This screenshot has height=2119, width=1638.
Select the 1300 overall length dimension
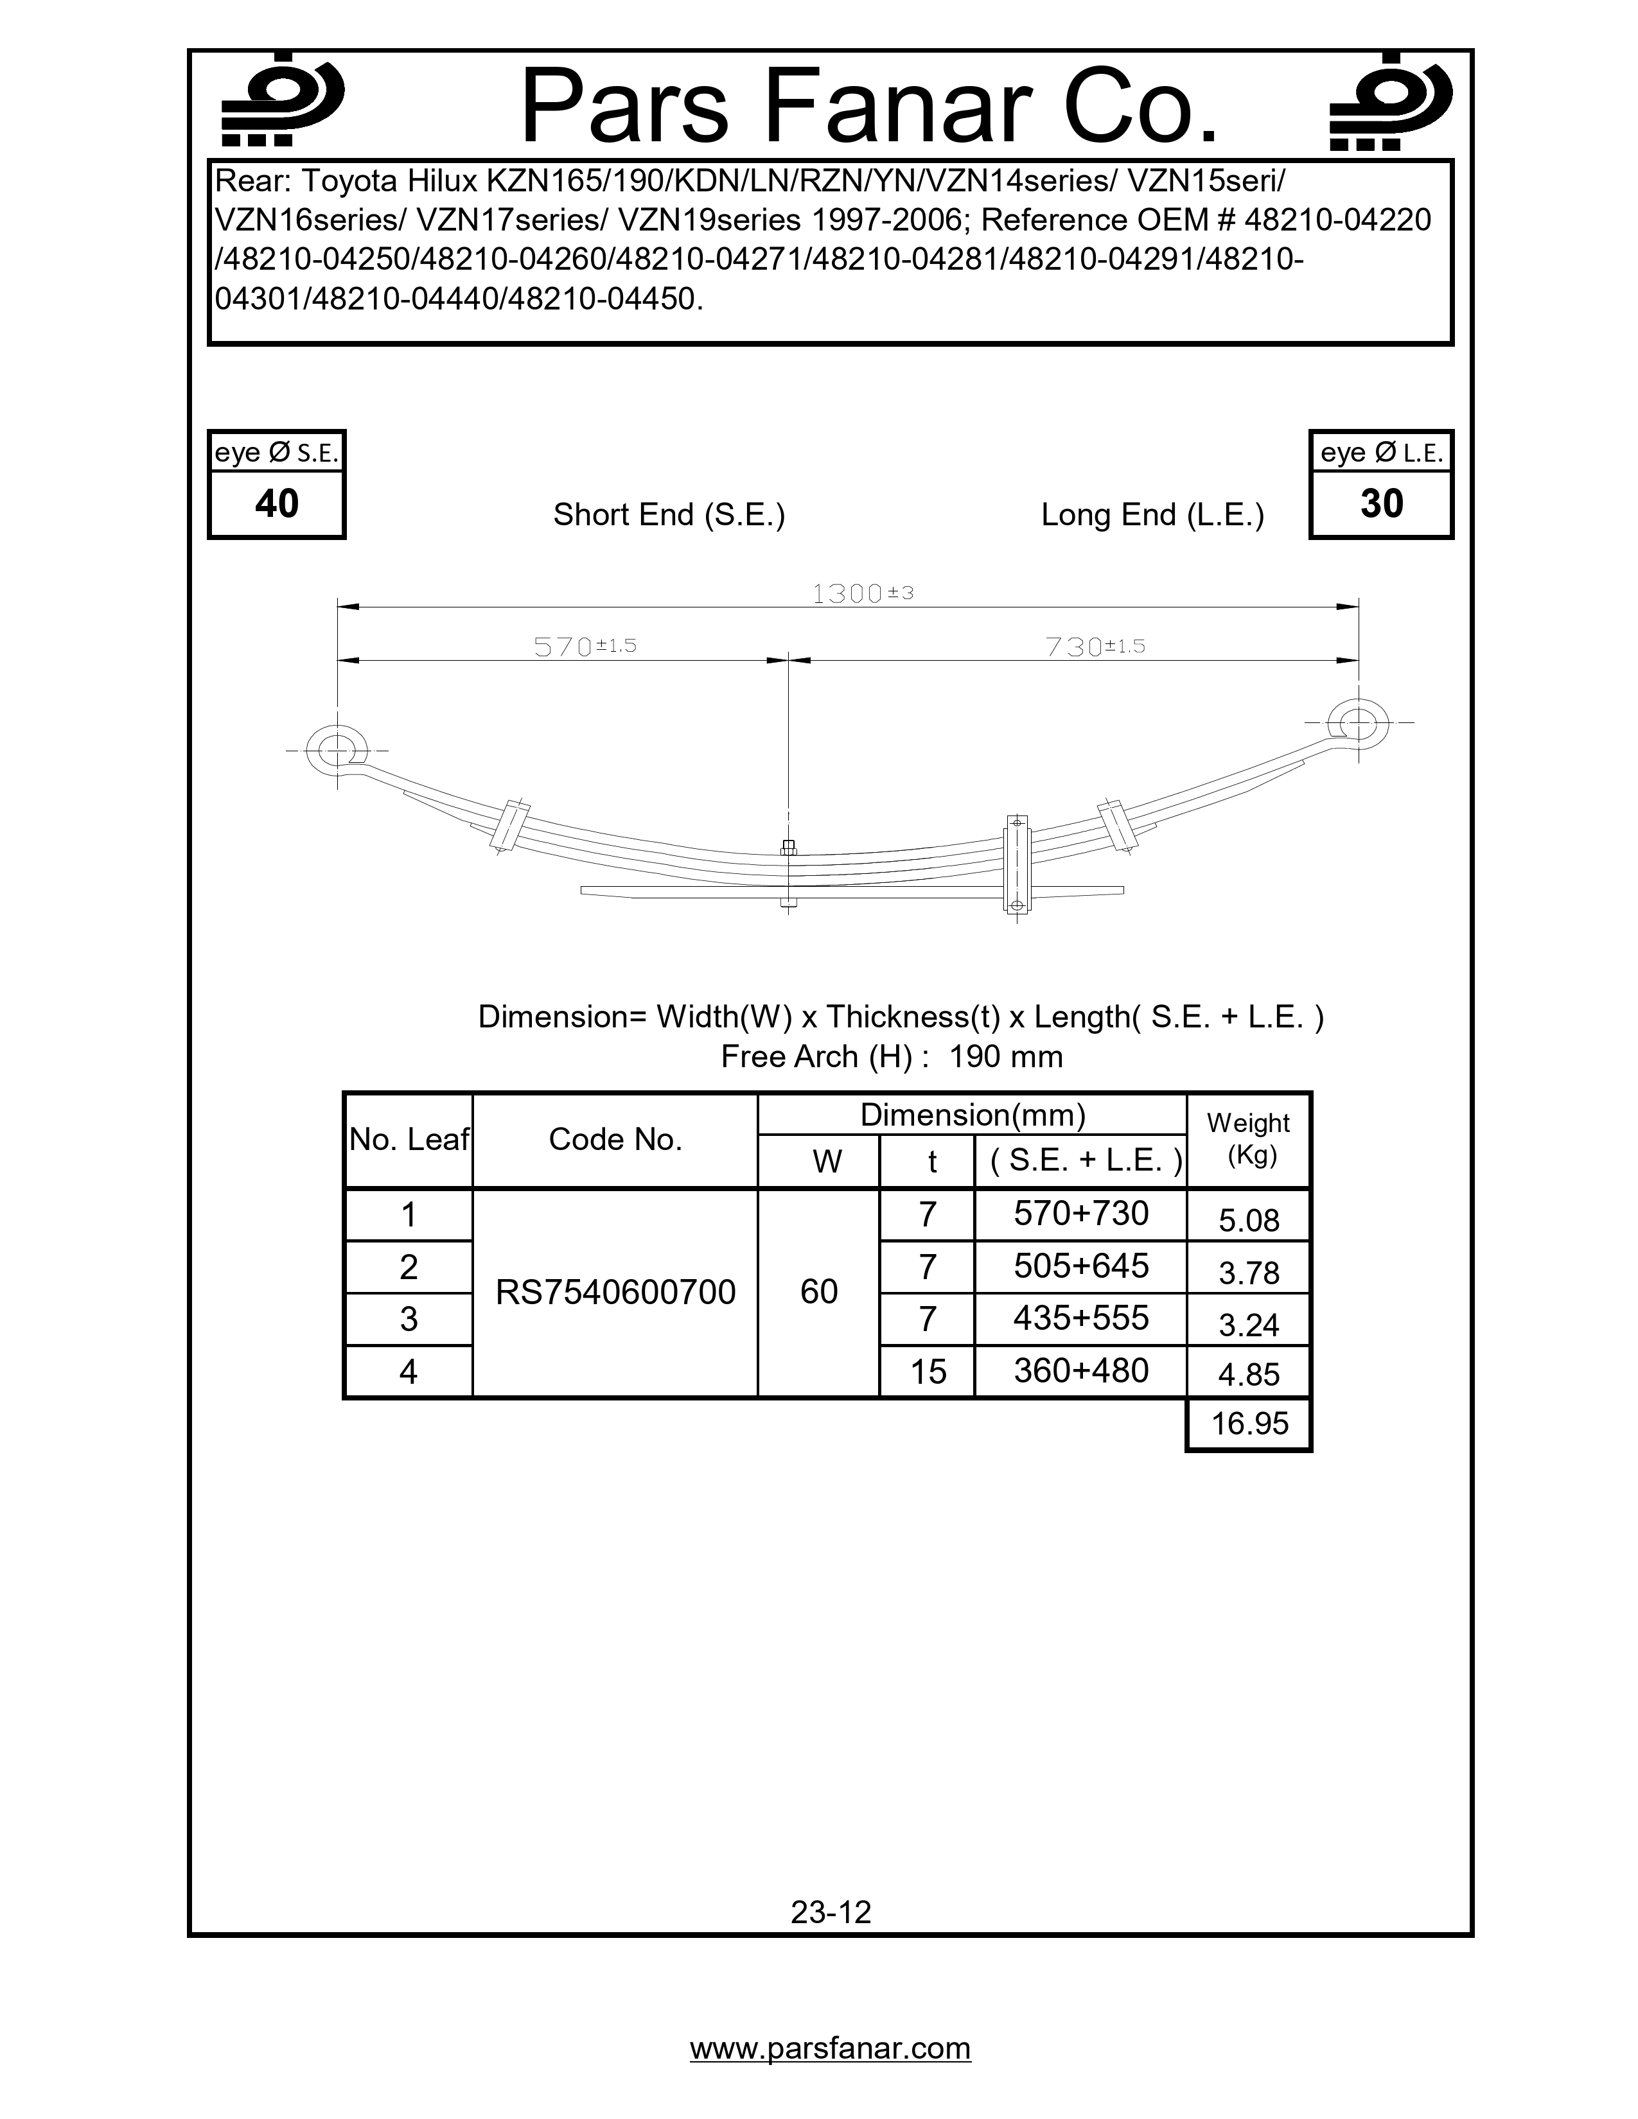click(861, 593)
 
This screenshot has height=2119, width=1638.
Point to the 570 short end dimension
click(584, 646)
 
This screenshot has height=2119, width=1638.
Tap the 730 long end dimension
click(1095, 646)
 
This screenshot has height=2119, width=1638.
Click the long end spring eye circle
click(1357, 722)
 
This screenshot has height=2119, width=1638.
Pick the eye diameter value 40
click(277, 503)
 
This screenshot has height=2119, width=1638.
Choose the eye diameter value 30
click(1381, 503)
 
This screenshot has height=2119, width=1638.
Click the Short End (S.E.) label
click(669, 514)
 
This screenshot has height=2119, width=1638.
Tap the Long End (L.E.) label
click(1152, 514)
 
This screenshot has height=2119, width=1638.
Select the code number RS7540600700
click(615, 1291)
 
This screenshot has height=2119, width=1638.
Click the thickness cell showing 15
click(928, 1371)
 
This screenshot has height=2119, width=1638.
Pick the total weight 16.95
click(1249, 1424)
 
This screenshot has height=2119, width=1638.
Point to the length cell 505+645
click(1080, 1266)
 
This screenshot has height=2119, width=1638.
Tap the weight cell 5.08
click(1249, 1219)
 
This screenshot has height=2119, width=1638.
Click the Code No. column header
click(615, 1139)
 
